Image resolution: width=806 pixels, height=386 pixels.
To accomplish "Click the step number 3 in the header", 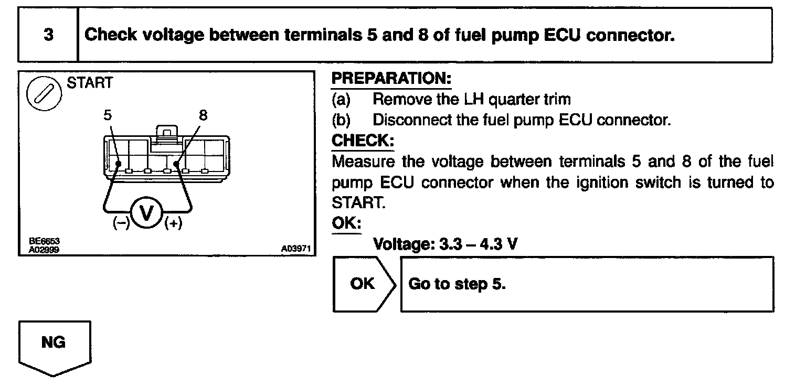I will pos(48,36).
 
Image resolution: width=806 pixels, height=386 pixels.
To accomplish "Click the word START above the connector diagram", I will pos(89,83).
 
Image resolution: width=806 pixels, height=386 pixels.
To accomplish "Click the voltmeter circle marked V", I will pos(149,214).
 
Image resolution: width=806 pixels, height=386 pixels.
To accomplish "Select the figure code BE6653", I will pos(45,241).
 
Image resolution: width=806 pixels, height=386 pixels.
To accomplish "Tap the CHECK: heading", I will pos(363,141).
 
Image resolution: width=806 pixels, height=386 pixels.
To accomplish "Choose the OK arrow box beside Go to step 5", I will pos(363,284).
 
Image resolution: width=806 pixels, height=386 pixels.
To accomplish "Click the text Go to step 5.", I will pos(457,284).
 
